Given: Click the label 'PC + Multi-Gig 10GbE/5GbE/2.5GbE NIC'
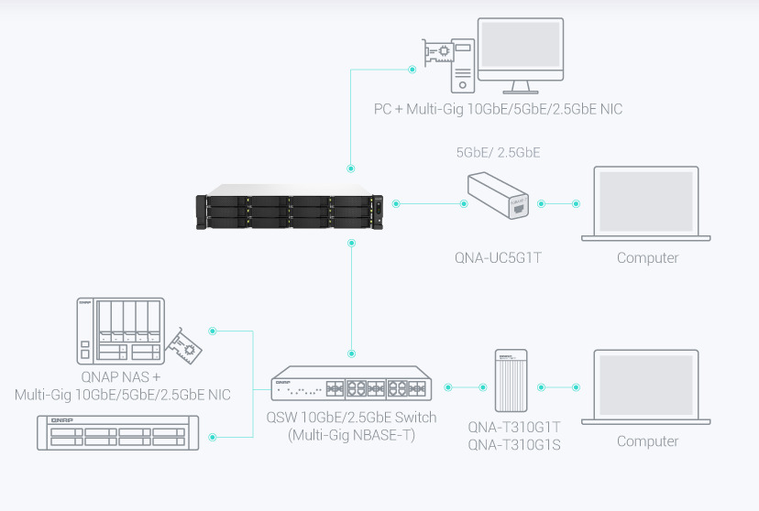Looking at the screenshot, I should click(x=498, y=110).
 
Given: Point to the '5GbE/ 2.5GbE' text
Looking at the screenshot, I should click(x=498, y=152).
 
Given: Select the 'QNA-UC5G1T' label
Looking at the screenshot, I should click(x=498, y=258).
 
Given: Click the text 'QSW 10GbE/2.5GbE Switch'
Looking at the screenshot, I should click(x=352, y=418).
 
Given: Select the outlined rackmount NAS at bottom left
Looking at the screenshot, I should click(x=115, y=432).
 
